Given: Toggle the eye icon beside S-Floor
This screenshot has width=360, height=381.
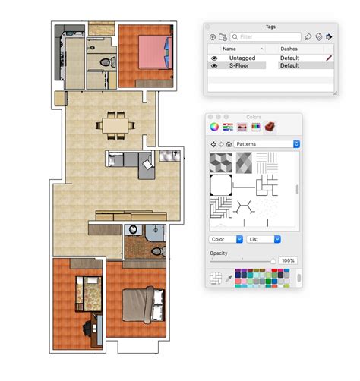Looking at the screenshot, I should point(214,66).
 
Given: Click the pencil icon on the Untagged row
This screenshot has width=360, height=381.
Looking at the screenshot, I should point(329,57).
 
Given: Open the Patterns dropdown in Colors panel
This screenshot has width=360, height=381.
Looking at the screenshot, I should point(267,143).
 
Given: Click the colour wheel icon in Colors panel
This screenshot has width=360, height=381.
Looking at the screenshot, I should point(215,126).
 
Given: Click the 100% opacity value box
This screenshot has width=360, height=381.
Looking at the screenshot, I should point(287,260).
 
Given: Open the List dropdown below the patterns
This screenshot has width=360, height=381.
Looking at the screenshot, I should point(264,239).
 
